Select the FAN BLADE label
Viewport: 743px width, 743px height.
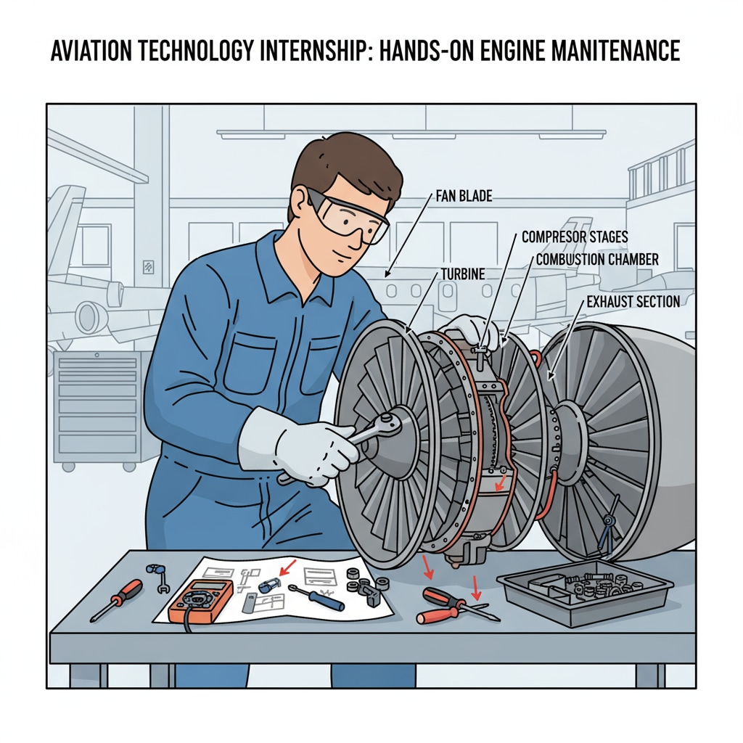[x=464, y=196]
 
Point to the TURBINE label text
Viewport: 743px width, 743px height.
[x=464, y=274]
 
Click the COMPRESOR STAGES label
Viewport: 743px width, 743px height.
[x=575, y=237]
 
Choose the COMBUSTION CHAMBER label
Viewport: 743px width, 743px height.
[x=596, y=259]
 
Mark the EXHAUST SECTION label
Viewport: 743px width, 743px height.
[x=633, y=301]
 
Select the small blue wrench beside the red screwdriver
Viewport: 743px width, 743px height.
[x=157, y=576]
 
